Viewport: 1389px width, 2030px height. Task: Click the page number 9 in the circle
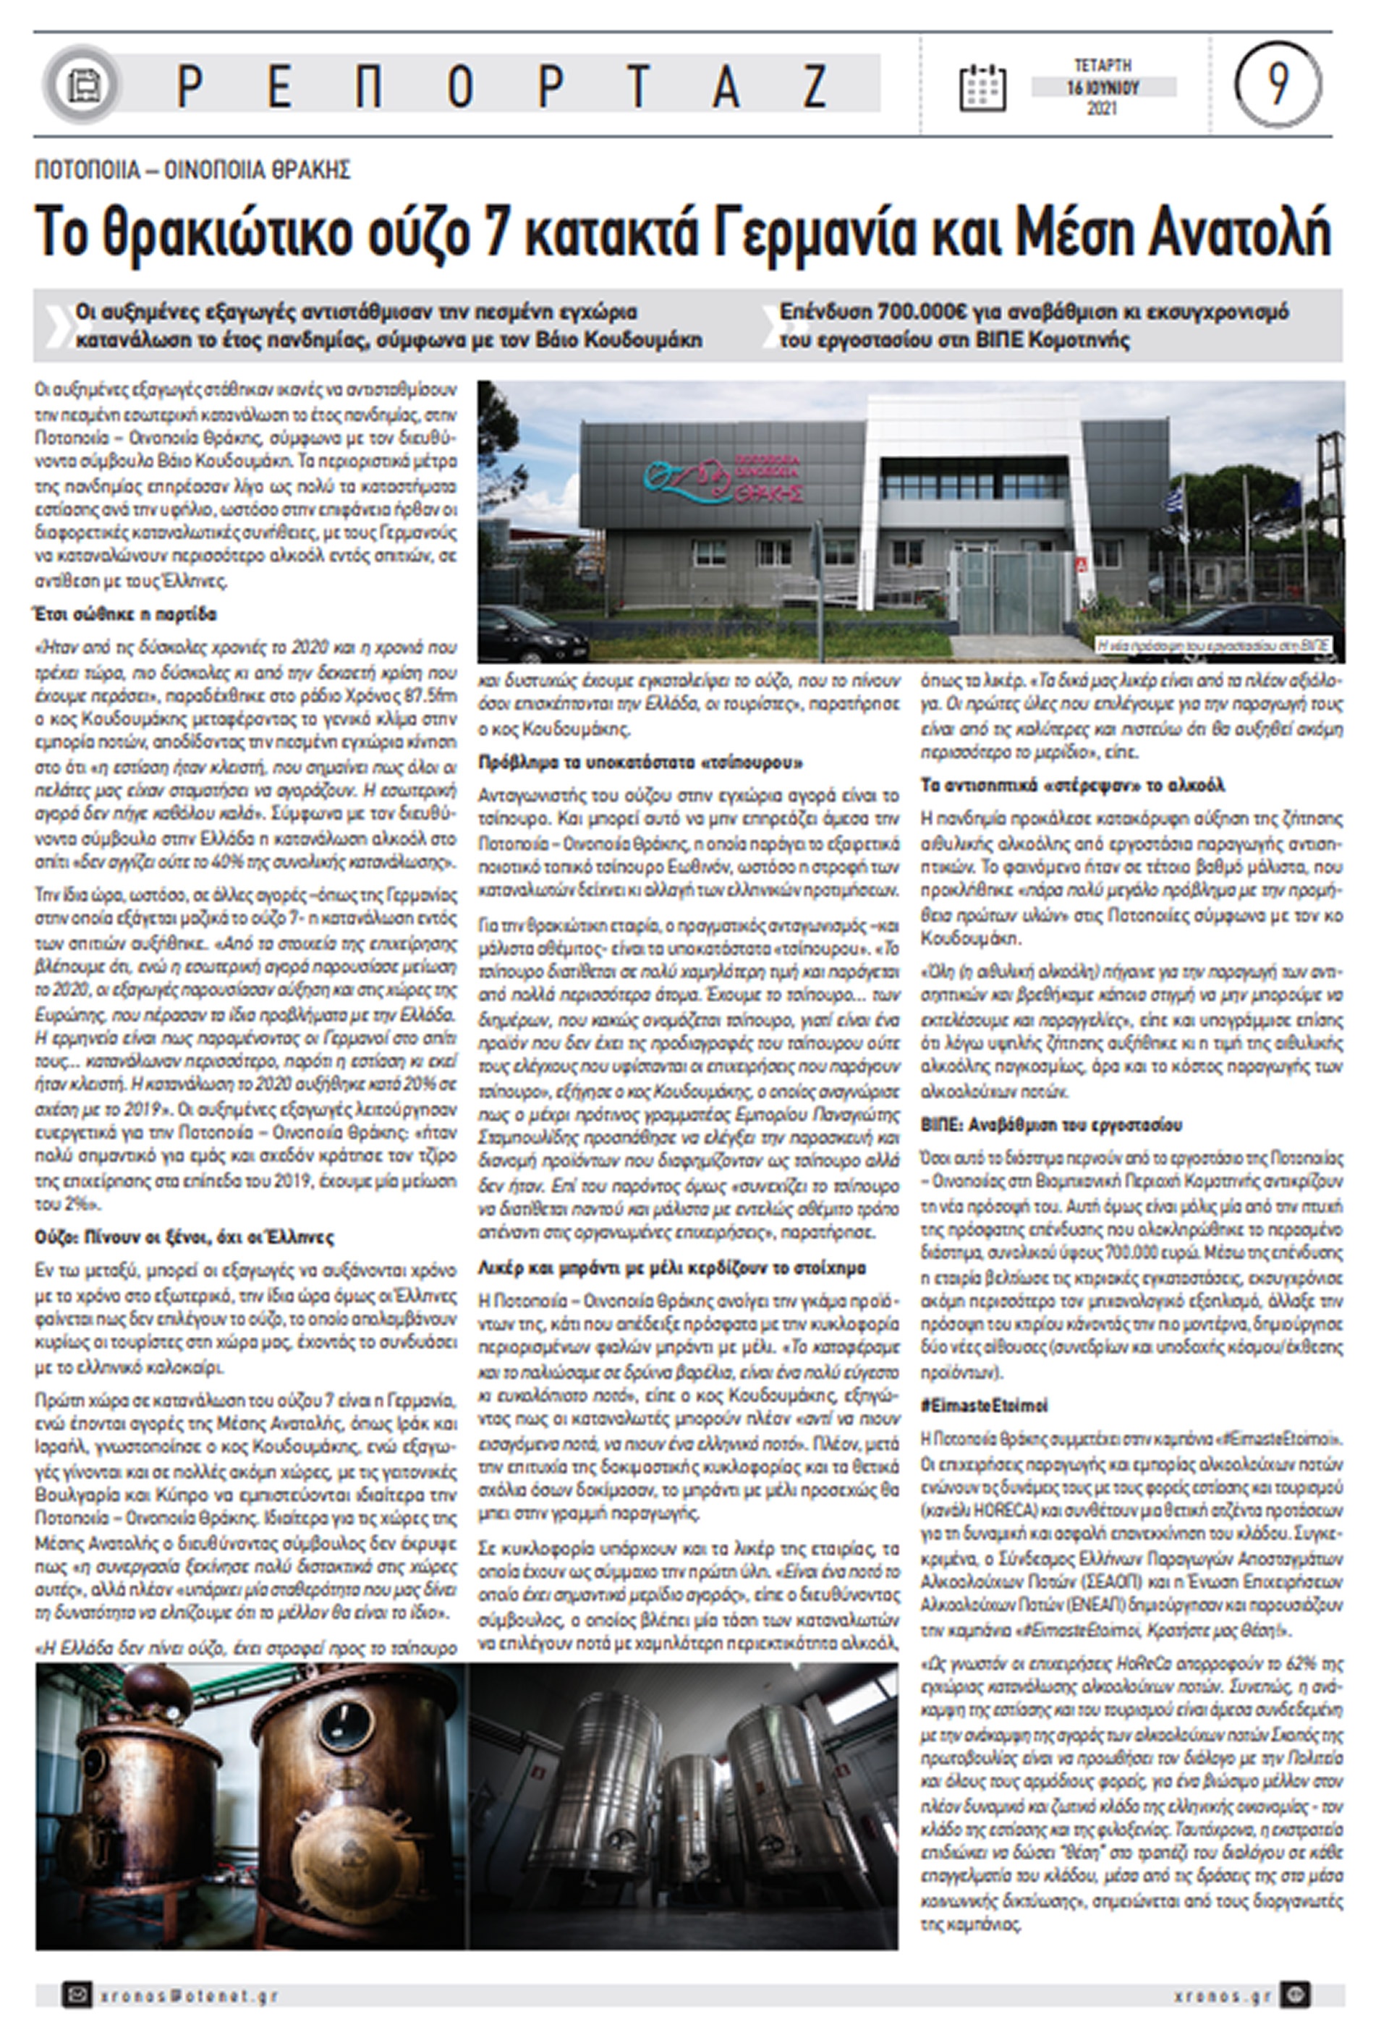1277,84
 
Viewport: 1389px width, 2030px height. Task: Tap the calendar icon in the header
982,87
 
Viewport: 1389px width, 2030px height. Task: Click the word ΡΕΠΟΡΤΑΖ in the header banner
502,85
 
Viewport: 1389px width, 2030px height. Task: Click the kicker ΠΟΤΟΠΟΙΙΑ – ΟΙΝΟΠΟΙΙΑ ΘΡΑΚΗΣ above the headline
192,169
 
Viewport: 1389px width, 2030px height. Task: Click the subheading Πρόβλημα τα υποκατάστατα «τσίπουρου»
640,763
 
